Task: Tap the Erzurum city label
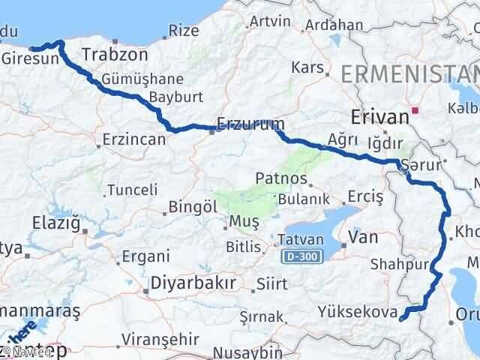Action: tap(240, 122)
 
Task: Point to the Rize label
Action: tap(184, 30)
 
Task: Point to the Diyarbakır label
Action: tap(193, 283)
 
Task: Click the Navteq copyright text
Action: tap(25, 349)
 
